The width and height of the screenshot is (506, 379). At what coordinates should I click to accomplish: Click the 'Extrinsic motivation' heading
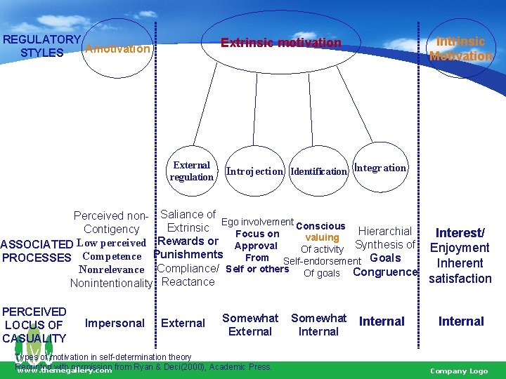(280, 43)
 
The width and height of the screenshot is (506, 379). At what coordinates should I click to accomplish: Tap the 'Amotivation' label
(117, 49)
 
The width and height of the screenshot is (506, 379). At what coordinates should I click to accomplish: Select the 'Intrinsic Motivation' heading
(461, 48)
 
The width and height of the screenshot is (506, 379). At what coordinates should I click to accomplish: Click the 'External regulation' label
(191, 171)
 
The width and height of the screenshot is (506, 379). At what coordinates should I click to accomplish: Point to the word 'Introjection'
(254, 171)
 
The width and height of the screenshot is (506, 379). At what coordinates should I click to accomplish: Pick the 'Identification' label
(318, 171)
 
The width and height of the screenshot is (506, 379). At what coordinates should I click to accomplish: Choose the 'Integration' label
(379, 168)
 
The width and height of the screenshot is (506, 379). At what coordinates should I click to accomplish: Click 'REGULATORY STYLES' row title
(41, 46)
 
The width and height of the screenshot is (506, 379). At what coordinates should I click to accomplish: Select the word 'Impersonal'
(115, 323)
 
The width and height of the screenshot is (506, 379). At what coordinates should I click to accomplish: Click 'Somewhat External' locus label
(250, 324)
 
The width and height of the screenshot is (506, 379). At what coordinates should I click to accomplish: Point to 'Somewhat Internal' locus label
(318, 324)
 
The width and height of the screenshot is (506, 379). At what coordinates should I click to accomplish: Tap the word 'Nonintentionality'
(111, 283)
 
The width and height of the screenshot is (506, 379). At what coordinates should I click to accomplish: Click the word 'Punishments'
(188, 254)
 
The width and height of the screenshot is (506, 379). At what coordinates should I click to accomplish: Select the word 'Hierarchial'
(384, 231)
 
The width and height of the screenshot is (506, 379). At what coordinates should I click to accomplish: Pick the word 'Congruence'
(385, 272)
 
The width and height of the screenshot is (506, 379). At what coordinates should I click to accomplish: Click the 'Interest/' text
(460, 232)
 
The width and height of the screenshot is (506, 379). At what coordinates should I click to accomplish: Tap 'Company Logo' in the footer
(458, 371)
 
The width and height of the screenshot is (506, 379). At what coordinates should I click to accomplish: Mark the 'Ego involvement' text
(257, 222)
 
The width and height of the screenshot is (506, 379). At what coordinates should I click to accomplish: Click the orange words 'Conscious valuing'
(321, 232)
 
